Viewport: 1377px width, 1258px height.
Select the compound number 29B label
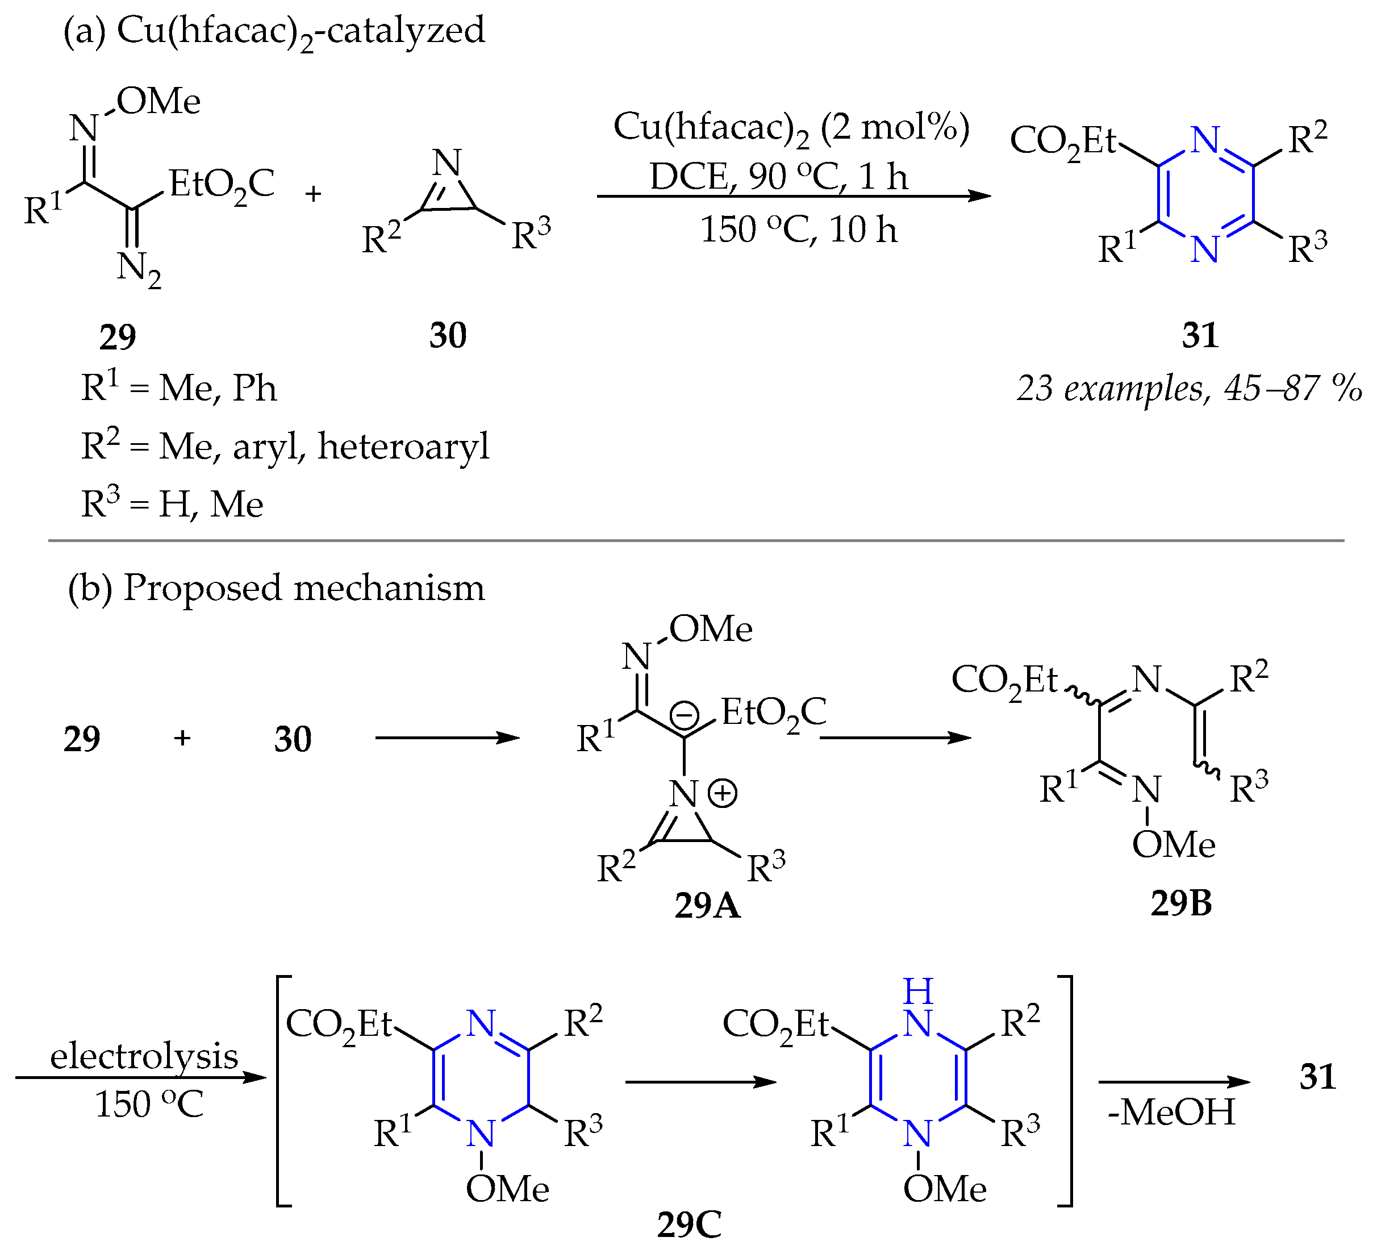coord(1180,903)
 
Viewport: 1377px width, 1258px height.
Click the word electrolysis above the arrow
coord(144,1056)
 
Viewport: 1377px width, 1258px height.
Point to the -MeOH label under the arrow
coord(1171,1112)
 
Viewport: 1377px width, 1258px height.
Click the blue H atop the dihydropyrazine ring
coord(917,991)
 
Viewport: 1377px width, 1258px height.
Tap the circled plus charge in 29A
coord(722,794)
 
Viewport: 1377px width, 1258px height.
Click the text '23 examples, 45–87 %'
coord(1188,389)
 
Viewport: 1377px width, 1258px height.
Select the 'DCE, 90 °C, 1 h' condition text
coord(778,177)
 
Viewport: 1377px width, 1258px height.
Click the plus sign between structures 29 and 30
coord(313,194)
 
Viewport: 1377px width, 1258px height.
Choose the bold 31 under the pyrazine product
coord(1200,335)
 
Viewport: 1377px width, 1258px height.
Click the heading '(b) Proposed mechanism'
coord(276,588)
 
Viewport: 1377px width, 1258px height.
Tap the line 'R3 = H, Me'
coord(172,505)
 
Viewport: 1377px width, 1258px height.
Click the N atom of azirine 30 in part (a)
coord(448,163)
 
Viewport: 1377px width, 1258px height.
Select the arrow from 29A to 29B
coord(895,738)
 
